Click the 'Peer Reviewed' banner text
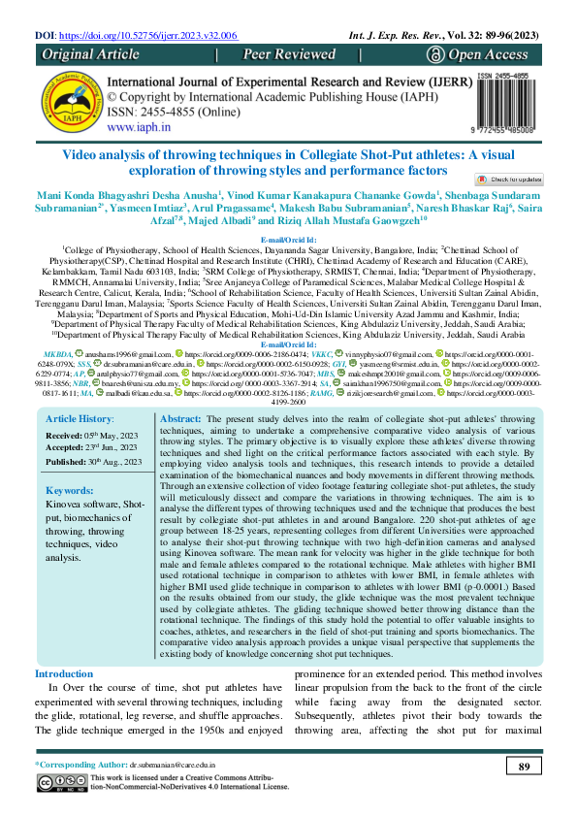[289, 55]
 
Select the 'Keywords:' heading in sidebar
[70, 491]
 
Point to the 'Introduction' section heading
[64, 673]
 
